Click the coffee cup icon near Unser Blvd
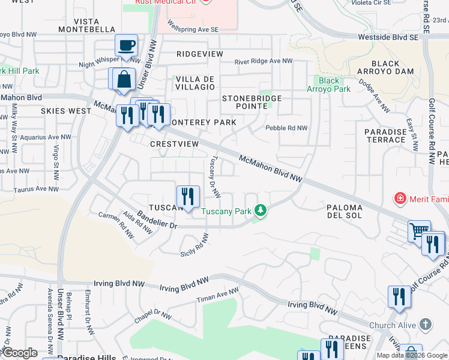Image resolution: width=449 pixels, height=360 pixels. (127, 46)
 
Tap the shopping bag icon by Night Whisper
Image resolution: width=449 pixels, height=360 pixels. (123, 79)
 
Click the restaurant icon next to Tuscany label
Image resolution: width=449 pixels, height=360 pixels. (188, 196)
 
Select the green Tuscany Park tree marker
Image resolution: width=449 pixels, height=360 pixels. (261, 211)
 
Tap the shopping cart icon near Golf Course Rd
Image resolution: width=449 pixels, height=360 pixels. (419, 231)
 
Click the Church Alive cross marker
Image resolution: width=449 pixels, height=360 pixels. (426, 325)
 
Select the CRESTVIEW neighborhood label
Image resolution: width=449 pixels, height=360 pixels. (174, 145)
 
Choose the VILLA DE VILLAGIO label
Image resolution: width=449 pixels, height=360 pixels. (194, 83)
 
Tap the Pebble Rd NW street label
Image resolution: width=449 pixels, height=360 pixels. (286, 128)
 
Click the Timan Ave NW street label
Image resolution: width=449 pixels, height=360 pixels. (218, 295)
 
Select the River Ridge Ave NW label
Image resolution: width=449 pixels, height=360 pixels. (263, 61)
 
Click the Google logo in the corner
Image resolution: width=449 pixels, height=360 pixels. (19, 353)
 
